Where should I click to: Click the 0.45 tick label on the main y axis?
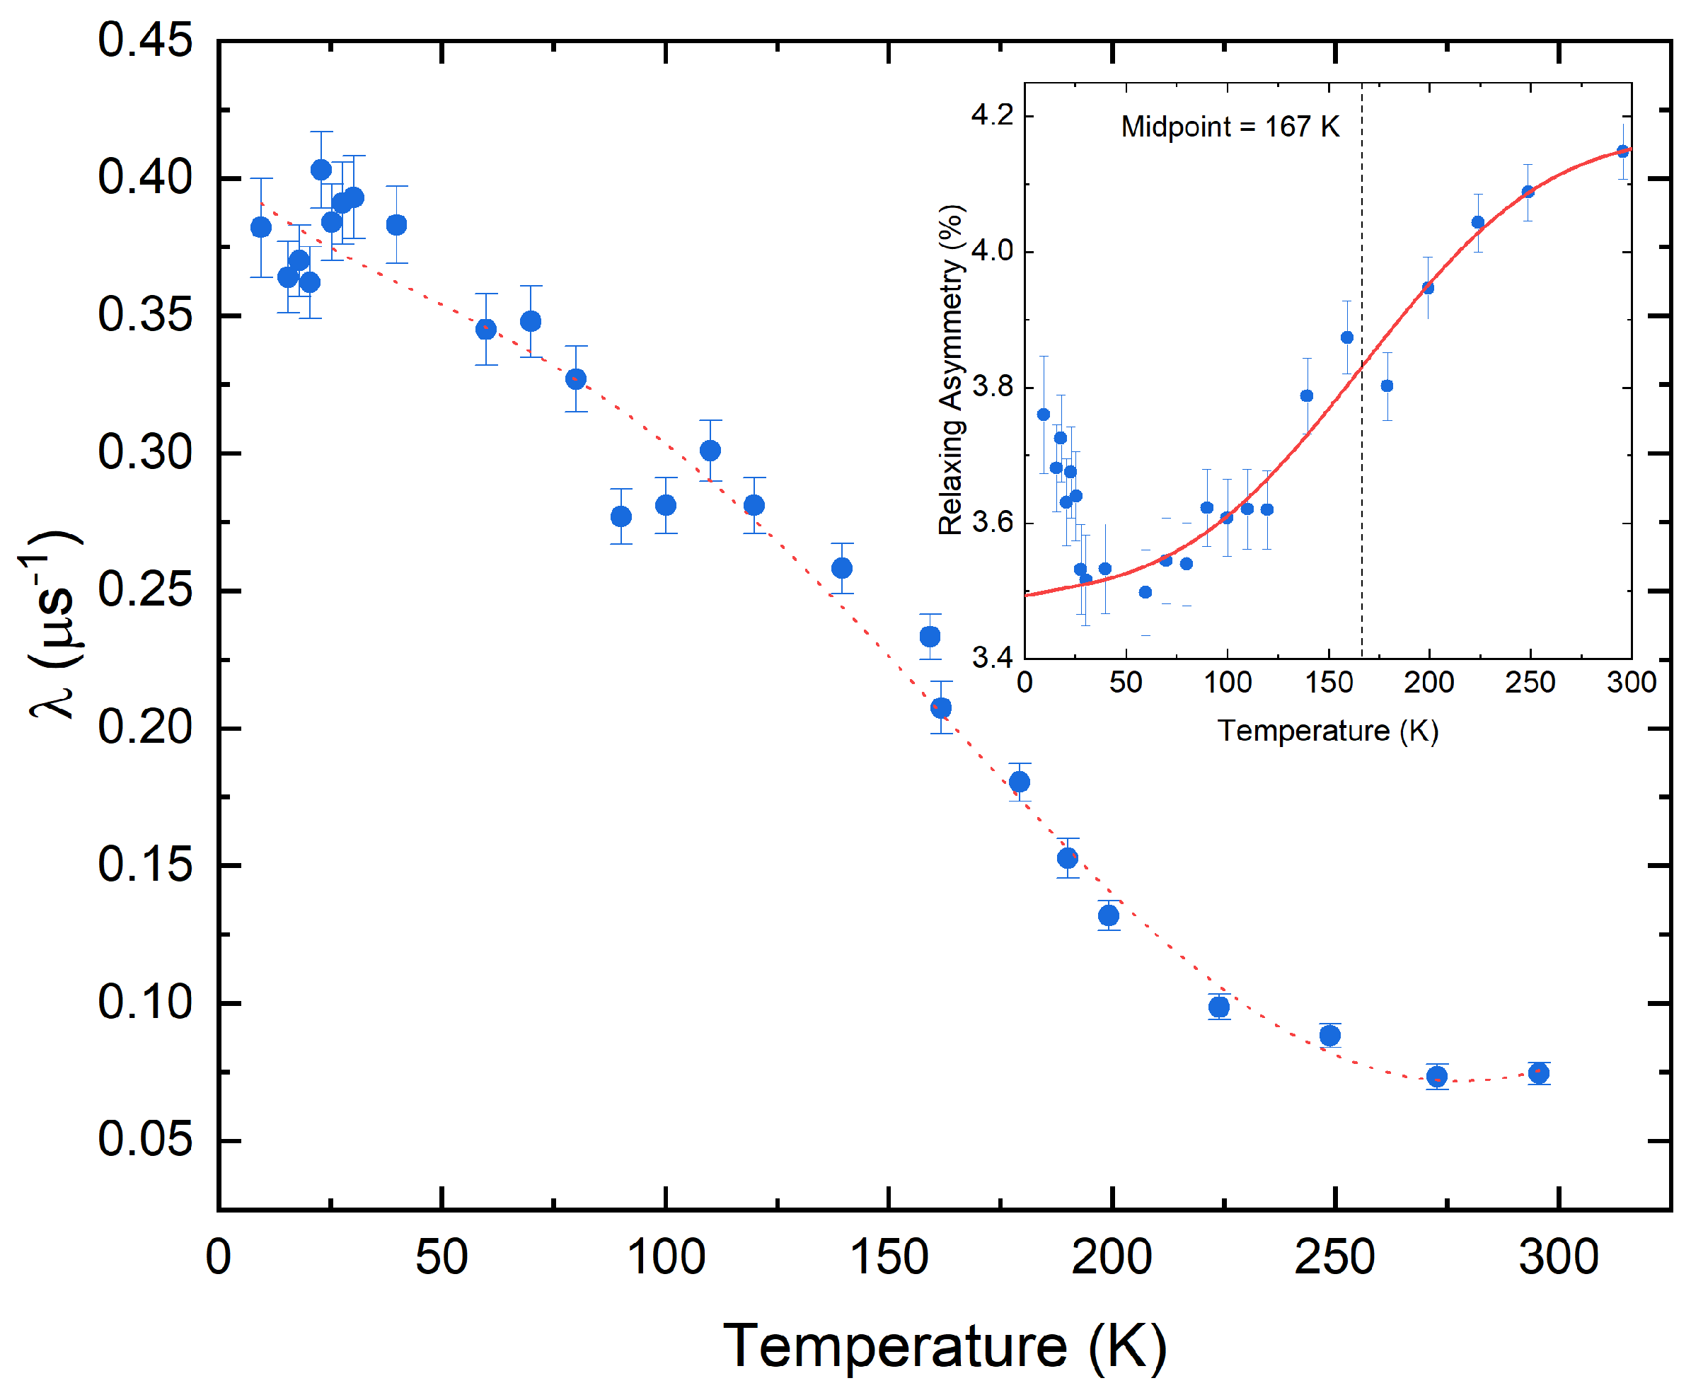tap(145, 40)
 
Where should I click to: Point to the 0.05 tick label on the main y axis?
tap(145, 1139)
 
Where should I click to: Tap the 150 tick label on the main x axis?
tap(888, 1258)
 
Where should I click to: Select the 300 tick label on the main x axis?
tap(1558, 1258)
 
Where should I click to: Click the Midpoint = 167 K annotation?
tap(1230, 127)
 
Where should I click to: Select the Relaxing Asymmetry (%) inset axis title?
tap(952, 369)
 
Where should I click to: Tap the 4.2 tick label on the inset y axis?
tap(992, 115)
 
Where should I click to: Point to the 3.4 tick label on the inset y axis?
tap(992, 658)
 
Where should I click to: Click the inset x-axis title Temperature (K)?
tap(1327, 731)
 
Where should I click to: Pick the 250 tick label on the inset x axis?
tap(1529, 683)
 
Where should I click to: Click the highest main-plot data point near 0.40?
tap(321, 170)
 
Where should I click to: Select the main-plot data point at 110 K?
tap(710, 451)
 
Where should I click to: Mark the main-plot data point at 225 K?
tap(1219, 1007)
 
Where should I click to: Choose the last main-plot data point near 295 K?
tap(1539, 1073)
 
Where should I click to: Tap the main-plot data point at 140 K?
tap(842, 568)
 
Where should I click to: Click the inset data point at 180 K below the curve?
tap(1387, 386)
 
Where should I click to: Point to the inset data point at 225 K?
tap(1477, 223)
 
